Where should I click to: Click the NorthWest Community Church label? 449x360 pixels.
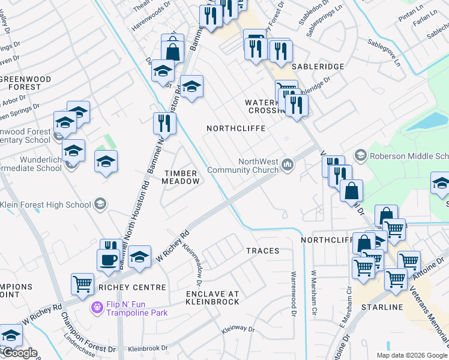(x=243, y=166)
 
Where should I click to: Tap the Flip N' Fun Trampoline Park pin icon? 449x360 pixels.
(x=96, y=308)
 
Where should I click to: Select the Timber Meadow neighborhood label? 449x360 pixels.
(x=181, y=177)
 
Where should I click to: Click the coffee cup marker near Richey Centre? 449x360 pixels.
(x=109, y=260)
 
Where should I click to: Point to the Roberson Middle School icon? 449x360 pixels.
(x=360, y=155)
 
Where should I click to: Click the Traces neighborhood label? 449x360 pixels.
(x=262, y=251)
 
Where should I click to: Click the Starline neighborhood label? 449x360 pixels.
(x=383, y=307)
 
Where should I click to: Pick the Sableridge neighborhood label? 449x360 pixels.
(x=318, y=67)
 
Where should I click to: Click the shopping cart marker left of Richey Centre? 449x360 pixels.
(x=83, y=284)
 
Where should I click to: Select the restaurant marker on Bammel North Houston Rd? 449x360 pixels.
(x=164, y=124)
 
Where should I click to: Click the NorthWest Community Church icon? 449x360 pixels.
(x=288, y=164)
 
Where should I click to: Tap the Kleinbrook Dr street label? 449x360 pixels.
(x=148, y=348)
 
